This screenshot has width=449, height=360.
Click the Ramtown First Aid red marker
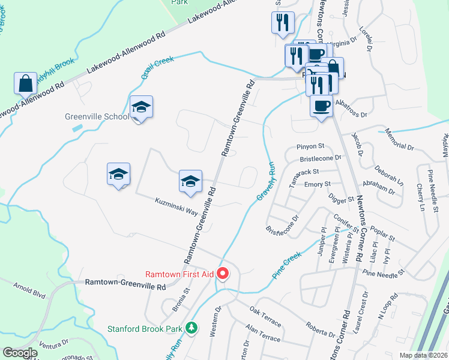(x=223, y=275)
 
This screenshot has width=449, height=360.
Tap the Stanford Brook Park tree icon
(x=191, y=328)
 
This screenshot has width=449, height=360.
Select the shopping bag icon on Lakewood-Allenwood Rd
(x=26, y=83)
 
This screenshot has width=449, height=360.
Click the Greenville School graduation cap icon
(x=141, y=107)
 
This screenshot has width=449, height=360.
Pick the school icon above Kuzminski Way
(x=190, y=181)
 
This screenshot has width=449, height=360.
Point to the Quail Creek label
(x=157, y=65)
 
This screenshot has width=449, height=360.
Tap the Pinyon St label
(x=310, y=146)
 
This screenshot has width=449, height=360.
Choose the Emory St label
(x=318, y=184)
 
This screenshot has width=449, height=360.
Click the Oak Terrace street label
(x=265, y=316)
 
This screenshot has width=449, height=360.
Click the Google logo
(x=20, y=353)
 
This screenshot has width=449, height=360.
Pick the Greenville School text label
(x=97, y=116)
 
